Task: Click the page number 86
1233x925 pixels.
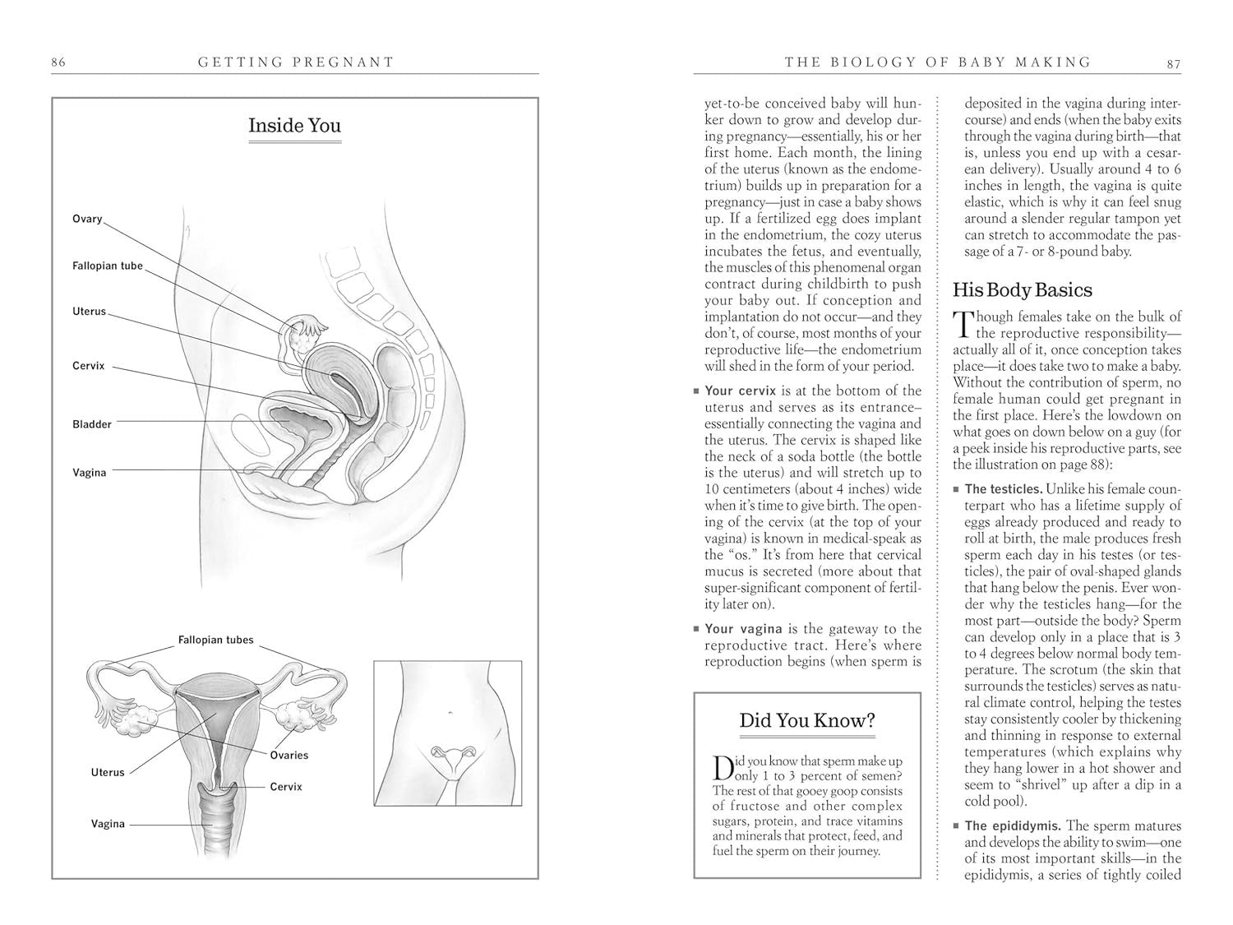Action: click(58, 62)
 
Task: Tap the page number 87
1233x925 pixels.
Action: click(1173, 62)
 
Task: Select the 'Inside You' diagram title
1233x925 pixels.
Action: click(294, 126)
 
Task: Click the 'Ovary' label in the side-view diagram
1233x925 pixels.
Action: click(87, 219)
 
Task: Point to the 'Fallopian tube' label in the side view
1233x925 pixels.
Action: click(108, 266)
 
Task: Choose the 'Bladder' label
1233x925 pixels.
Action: click(92, 424)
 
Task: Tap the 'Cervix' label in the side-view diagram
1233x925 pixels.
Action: click(89, 366)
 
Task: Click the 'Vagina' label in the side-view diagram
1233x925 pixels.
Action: click(90, 473)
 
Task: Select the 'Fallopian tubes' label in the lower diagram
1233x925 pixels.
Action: click(216, 640)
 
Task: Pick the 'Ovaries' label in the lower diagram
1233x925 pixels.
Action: click(289, 755)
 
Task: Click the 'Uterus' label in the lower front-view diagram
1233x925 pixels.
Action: click(108, 772)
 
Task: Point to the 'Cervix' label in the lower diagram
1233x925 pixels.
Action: click(286, 787)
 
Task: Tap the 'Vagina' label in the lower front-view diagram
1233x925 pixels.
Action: click(108, 824)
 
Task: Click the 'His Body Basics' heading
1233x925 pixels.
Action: click(1022, 290)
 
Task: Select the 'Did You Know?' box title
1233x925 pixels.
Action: click(807, 721)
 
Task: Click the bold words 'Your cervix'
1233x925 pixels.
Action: click(742, 391)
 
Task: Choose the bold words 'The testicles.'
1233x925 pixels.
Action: click(1004, 489)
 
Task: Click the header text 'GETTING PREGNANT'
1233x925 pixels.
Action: click(296, 62)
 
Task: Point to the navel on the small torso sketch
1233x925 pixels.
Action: click(449, 712)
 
